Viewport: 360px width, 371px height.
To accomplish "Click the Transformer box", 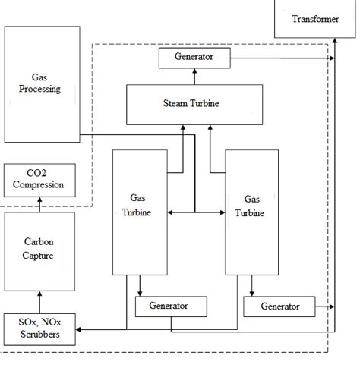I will [x=315, y=20].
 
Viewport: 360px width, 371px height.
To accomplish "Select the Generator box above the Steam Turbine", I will [x=193, y=57].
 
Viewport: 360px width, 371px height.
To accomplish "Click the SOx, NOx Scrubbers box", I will [x=39, y=329].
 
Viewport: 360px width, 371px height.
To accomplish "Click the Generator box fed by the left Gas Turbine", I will [x=171, y=307].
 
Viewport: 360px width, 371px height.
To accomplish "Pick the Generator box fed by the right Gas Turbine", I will [x=279, y=307].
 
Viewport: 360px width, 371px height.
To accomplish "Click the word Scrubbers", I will [x=39, y=335].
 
